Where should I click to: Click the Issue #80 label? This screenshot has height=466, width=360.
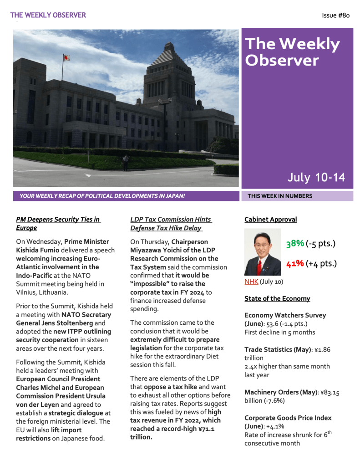point(335,15)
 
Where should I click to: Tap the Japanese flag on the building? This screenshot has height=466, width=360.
point(66,58)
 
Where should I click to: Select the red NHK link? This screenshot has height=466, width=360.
point(251,282)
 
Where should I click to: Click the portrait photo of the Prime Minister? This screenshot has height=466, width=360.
point(263,252)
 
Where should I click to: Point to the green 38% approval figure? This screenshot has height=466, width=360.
point(295,244)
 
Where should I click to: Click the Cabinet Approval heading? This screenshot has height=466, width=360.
point(270,220)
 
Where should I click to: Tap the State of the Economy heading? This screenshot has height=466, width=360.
point(277,299)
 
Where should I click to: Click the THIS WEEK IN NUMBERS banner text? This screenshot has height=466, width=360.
point(280,196)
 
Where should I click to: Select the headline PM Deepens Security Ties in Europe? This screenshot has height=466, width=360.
point(58,224)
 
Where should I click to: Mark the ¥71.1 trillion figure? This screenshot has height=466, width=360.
point(197,429)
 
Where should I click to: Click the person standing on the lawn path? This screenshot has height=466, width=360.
point(125,163)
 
